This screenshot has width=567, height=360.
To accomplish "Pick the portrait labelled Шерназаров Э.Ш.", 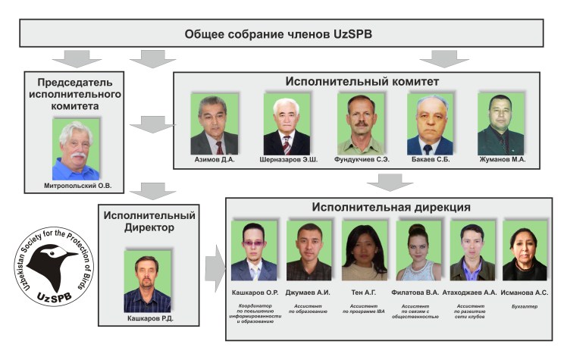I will click(x=287, y=124).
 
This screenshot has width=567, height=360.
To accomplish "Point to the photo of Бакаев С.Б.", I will click(x=430, y=124).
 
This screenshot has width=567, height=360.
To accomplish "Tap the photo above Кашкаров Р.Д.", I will click(x=147, y=279).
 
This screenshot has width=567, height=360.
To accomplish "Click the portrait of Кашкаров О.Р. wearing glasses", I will click(x=253, y=251).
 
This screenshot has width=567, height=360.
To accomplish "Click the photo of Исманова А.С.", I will click(x=525, y=251).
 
